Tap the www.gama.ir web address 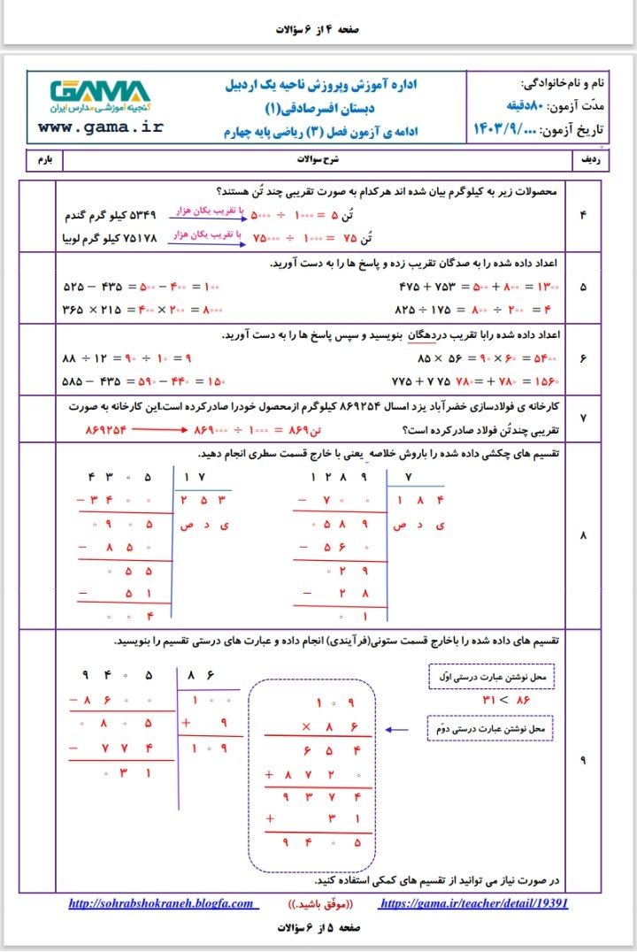(101, 127)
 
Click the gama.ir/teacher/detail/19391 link (473, 904)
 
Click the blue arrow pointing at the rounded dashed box (397, 731)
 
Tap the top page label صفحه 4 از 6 (318, 29)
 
